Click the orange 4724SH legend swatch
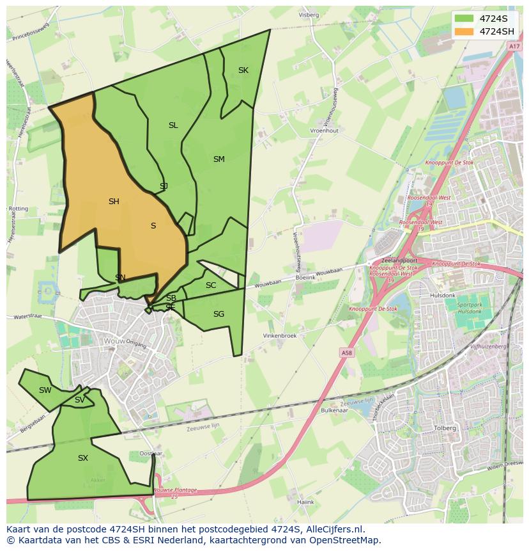(x=464, y=31)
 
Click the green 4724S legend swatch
(x=464, y=19)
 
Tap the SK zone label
(x=243, y=70)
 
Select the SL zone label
(x=173, y=125)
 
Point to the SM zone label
(x=218, y=159)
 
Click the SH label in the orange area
(x=114, y=202)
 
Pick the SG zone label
(x=218, y=314)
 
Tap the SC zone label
(x=211, y=285)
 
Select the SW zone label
(x=45, y=390)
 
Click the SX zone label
(x=82, y=458)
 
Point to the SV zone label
(x=79, y=400)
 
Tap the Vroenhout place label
(x=324, y=131)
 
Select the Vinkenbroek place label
(x=280, y=336)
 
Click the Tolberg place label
(x=445, y=428)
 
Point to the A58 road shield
(x=346, y=353)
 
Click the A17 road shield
(x=514, y=47)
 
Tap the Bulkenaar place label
(x=333, y=410)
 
